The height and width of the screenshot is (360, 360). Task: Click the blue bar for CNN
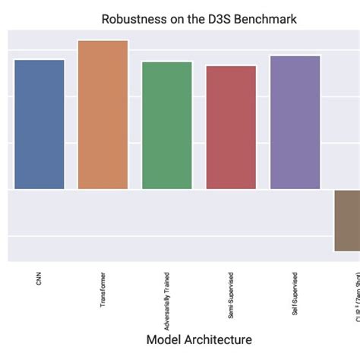pyautogui.click(x=39, y=124)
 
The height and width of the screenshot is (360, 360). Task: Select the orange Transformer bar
pyautogui.click(x=103, y=115)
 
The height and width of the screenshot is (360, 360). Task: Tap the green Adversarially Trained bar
pyautogui.click(x=167, y=125)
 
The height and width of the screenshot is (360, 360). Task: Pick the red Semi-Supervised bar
pyautogui.click(x=231, y=127)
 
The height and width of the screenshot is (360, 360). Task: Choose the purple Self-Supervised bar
pyautogui.click(x=295, y=122)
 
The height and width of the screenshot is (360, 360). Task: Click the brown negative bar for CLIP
pyautogui.click(x=348, y=220)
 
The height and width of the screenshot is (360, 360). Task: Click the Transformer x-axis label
pyautogui.click(x=103, y=289)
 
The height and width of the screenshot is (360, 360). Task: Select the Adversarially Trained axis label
pyautogui.click(x=167, y=293)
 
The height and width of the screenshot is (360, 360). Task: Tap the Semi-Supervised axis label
pyautogui.click(x=231, y=292)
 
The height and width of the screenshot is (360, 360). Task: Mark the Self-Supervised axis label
pyautogui.click(x=295, y=292)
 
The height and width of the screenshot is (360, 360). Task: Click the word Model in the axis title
pyautogui.click(x=163, y=339)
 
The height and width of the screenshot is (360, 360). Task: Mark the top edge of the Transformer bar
pyautogui.click(x=103, y=41)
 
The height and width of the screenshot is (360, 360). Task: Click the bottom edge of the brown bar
pyautogui.click(x=348, y=251)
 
